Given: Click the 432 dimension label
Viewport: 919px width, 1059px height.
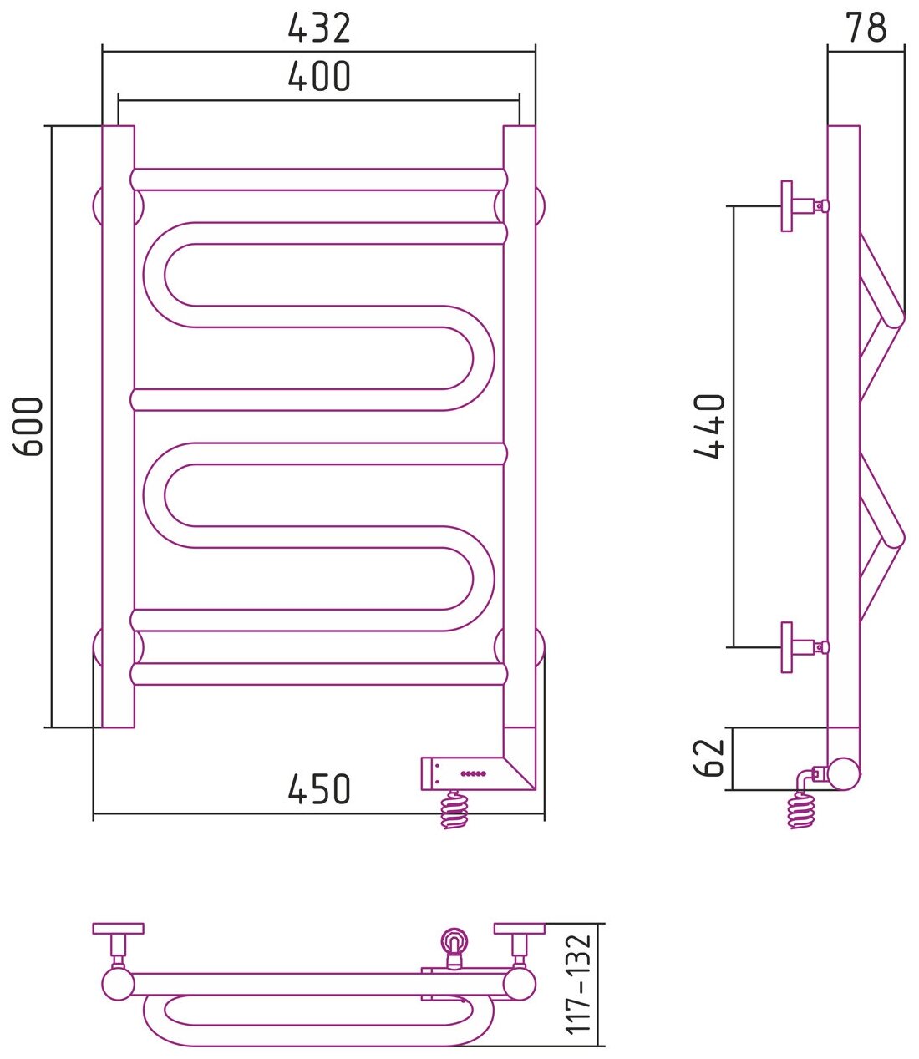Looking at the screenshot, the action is point(319,28).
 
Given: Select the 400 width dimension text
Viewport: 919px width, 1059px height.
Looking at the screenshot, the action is point(319,77).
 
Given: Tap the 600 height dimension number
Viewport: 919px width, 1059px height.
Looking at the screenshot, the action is point(30,427).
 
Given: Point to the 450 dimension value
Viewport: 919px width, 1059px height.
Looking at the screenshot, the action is point(319,788).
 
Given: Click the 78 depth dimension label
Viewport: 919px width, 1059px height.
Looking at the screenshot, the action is point(866,28).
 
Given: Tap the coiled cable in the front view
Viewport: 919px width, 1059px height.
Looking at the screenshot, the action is point(454,809).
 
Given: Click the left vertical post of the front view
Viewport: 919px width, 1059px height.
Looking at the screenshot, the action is point(118,426).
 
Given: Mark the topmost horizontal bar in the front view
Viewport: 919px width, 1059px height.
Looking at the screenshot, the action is point(319,179).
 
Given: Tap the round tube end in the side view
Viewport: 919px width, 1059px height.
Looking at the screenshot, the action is point(843,773).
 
